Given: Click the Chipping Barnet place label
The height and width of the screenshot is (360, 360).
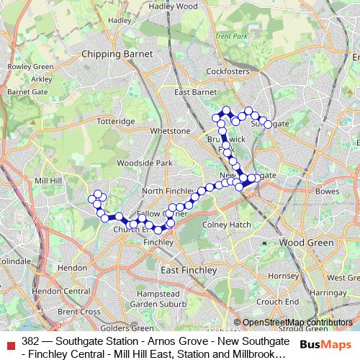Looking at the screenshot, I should [114, 53].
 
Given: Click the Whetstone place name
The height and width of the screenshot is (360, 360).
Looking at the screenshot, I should [171, 131].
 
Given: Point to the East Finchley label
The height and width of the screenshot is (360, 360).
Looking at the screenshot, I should [189, 269].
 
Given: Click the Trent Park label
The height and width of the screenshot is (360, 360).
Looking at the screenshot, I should [230, 36].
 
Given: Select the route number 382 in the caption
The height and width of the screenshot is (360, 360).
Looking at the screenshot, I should [30, 338].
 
